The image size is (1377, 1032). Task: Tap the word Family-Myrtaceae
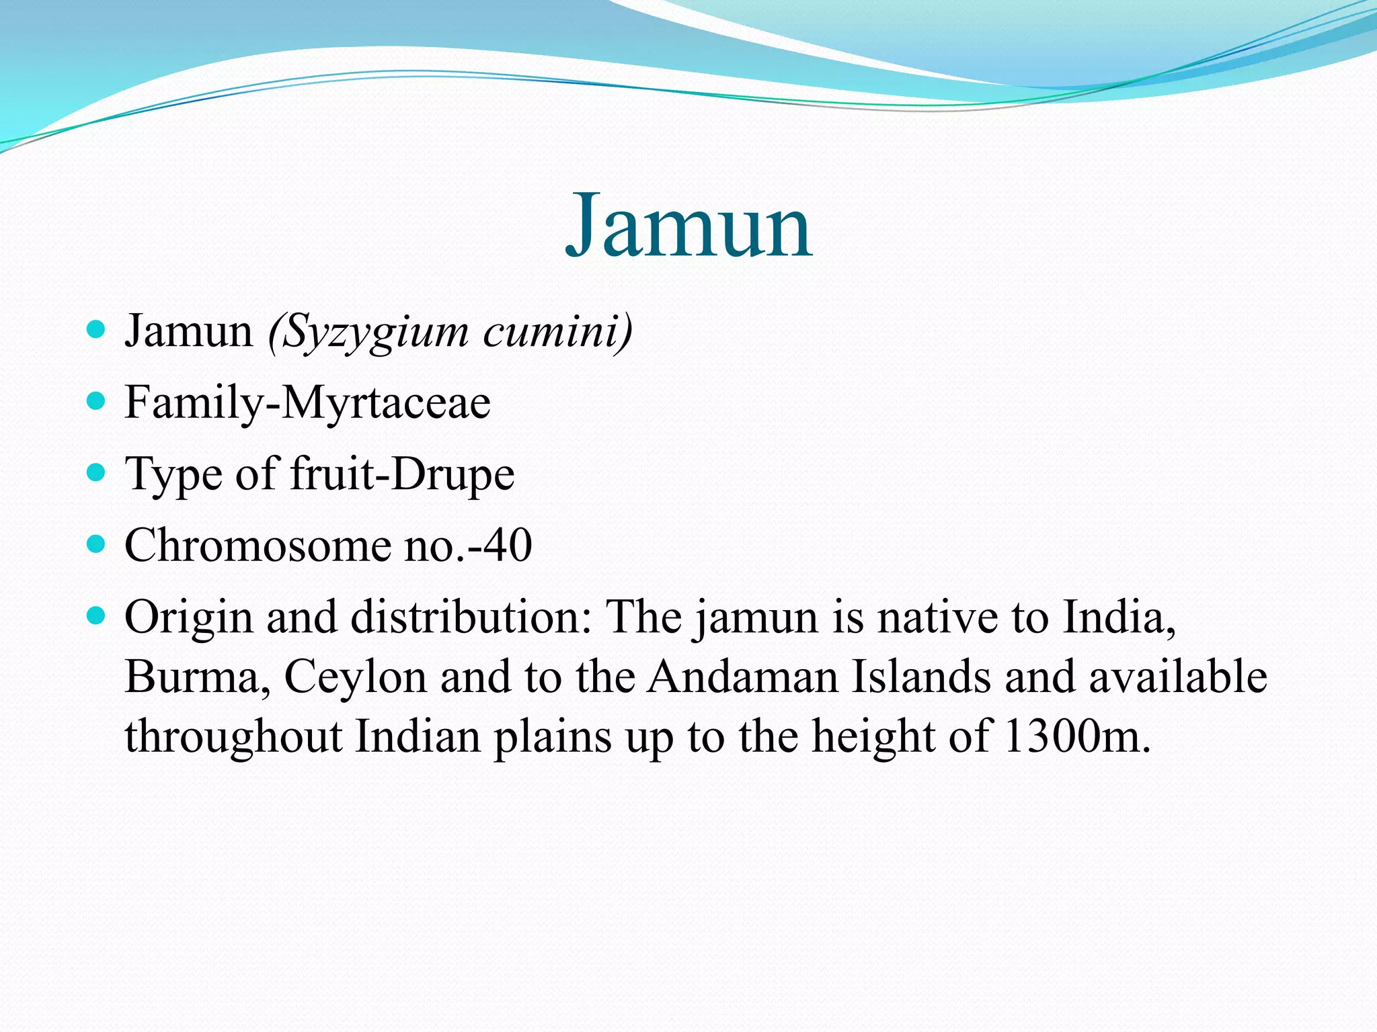point(308,403)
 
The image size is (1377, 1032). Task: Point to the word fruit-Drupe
point(402,474)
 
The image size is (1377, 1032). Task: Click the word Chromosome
point(258,545)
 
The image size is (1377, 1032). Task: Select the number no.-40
point(468,545)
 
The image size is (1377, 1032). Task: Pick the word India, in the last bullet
point(1119,617)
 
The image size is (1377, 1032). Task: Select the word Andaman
point(743,677)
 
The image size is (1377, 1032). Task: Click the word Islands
point(922,677)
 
